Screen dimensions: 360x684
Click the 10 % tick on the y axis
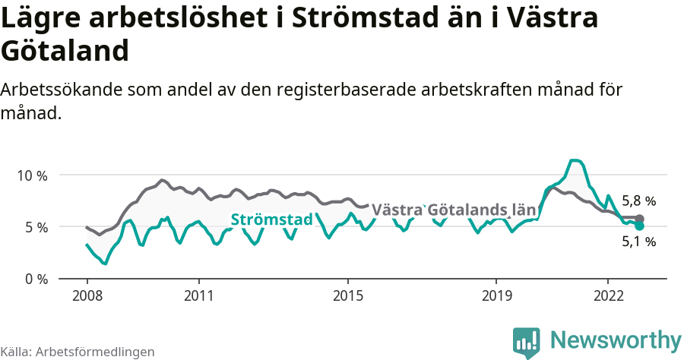coord(32,175)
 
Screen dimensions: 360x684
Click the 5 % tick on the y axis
coord(36,227)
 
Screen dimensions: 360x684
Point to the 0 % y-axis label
coord(36,279)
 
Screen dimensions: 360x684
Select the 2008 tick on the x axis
coord(87,295)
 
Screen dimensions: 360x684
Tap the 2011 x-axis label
coord(198,295)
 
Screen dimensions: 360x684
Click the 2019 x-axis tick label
coord(496,295)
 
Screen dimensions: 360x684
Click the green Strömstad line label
coord(271,219)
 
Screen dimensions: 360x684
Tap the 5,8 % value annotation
coord(638,201)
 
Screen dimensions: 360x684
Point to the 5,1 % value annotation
coord(638,242)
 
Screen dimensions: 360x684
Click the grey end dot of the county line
coord(639,219)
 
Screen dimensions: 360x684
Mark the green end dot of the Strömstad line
coord(639,226)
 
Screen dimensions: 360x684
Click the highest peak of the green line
coord(575,160)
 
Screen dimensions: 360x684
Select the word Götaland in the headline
coord(64,51)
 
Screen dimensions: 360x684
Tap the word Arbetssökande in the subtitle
coord(59,90)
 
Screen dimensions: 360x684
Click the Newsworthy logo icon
coord(527,342)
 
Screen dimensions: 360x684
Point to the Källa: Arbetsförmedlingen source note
coord(78,352)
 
